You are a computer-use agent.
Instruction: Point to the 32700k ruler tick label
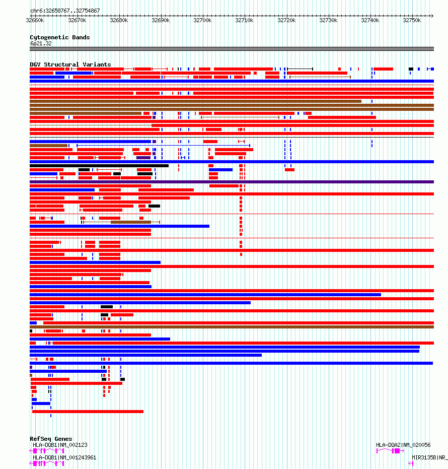202,21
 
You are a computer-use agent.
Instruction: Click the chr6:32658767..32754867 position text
65,11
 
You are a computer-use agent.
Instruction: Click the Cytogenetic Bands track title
59,37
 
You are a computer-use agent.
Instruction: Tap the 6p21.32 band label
41,43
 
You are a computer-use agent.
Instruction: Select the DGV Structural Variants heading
70,64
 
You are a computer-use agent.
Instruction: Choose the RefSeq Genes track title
51,439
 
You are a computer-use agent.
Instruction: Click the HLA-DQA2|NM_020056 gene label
403,445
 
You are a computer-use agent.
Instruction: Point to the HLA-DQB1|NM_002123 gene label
60,445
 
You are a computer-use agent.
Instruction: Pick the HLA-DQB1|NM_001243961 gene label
64,457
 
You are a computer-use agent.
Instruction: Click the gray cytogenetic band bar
232,49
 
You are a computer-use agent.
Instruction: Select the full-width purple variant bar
232,182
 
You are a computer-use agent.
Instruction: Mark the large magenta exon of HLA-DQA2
396,451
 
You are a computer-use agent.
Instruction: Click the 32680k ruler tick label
119,21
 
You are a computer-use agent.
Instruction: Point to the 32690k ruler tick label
161,21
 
